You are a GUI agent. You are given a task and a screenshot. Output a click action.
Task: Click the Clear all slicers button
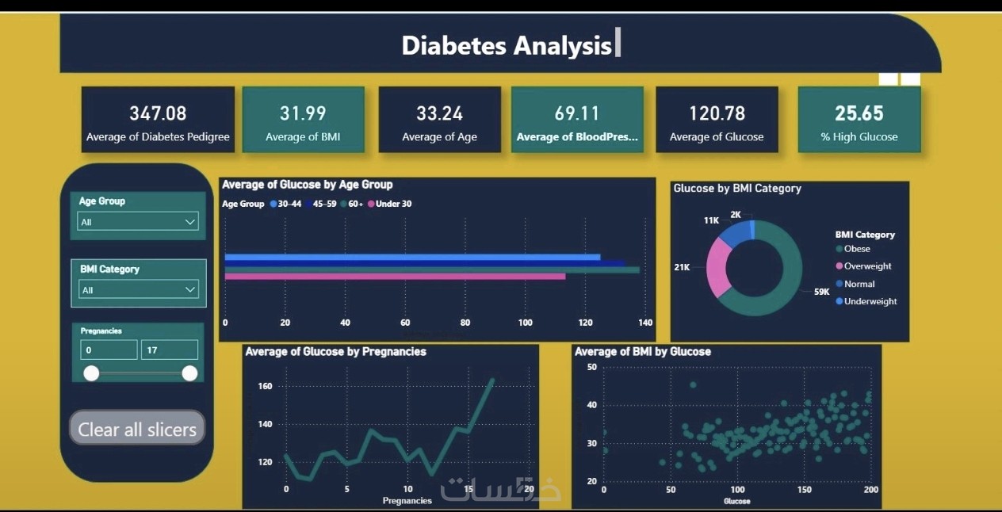pyautogui.click(x=137, y=428)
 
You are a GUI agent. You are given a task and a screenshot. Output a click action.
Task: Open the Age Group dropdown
pyautogui.click(x=138, y=221)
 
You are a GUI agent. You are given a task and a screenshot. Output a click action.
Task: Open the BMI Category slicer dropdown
pyautogui.click(x=139, y=289)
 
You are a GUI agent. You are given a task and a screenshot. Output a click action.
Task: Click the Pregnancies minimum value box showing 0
pyautogui.click(x=109, y=350)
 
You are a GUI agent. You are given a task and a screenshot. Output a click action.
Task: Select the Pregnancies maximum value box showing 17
pyautogui.click(x=170, y=350)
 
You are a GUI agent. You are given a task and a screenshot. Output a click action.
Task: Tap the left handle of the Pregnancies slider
pyautogui.click(x=91, y=373)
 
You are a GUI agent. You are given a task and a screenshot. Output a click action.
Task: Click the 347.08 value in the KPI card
pyautogui.click(x=158, y=113)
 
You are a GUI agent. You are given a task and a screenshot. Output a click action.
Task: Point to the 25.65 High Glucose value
pyautogui.click(x=859, y=113)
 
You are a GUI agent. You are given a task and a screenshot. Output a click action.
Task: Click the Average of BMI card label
pyautogui.click(x=303, y=137)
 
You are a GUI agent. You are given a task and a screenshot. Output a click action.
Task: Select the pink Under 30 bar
pyautogui.click(x=395, y=277)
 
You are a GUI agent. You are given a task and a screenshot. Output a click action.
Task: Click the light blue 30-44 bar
pyautogui.click(x=412, y=257)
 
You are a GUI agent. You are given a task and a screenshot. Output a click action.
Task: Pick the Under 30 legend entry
pyautogui.click(x=389, y=204)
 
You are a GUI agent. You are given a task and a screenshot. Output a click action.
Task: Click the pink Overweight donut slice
pyautogui.click(x=718, y=267)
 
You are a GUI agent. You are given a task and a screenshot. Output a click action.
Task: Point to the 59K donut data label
pyautogui.click(x=821, y=292)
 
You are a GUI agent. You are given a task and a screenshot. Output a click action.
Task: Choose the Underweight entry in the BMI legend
pyautogui.click(x=866, y=301)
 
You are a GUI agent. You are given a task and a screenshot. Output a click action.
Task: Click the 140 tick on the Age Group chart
pyautogui.click(x=645, y=323)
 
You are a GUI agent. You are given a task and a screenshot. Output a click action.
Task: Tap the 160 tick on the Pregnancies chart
pyautogui.click(x=265, y=386)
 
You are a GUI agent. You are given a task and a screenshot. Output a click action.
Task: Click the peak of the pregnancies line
pyautogui.click(x=493, y=380)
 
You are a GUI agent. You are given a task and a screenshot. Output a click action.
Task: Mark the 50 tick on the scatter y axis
pyautogui.click(x=592, y=367)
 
